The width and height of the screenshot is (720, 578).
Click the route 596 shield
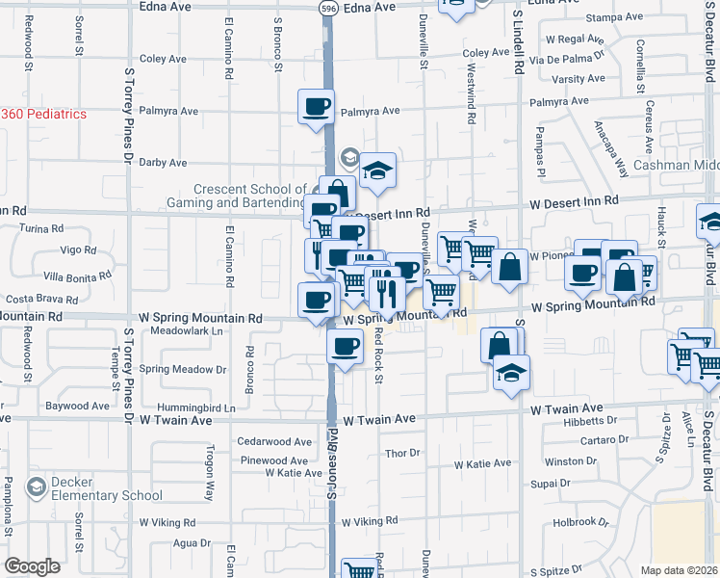click(x=327, y=7)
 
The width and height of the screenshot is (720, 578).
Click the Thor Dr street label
click(x=402, y=453)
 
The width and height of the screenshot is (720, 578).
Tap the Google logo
click(x=32, y=565)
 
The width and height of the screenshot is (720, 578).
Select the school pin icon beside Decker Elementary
click(x=38, y=486)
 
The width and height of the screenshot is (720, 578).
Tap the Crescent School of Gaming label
click(x=249, y=196)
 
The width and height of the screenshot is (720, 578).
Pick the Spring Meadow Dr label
click(x=183, y=369)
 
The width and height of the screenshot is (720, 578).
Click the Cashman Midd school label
click(x=675, y=166)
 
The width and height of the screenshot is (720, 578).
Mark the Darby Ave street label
click(x=163, y=163)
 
